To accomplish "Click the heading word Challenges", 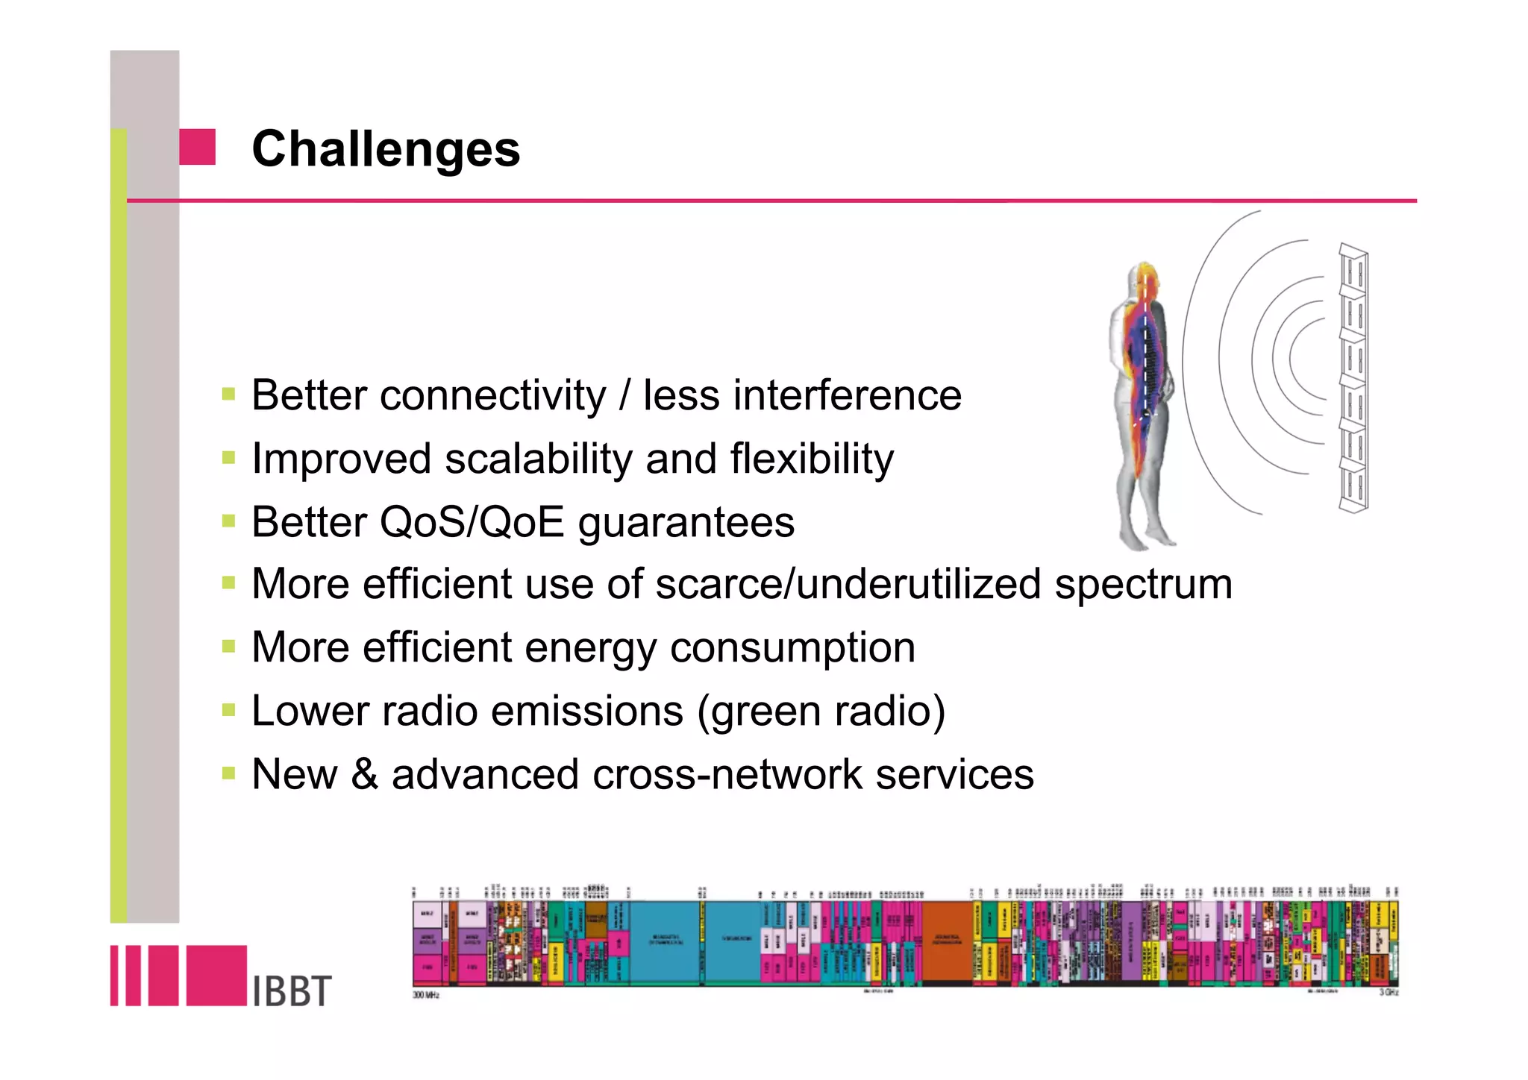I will tap(385, 148).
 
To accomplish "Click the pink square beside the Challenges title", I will tap(198, 147).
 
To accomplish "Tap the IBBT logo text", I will tap(291, 991).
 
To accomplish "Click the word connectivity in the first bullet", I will tap(492, 395).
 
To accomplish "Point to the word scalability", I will tap(538, 459).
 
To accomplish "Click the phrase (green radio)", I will tap(821, 711).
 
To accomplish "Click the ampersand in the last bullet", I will tap(364, 774).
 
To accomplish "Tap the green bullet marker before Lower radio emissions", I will tap(228, 710).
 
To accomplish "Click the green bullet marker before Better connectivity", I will tap(228, 394).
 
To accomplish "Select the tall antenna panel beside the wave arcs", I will tap(1353, 378).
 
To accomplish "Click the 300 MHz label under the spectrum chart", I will tap(426, 995).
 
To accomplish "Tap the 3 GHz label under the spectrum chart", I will tap(1388, 993).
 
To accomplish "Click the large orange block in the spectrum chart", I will tap(948, 941).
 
